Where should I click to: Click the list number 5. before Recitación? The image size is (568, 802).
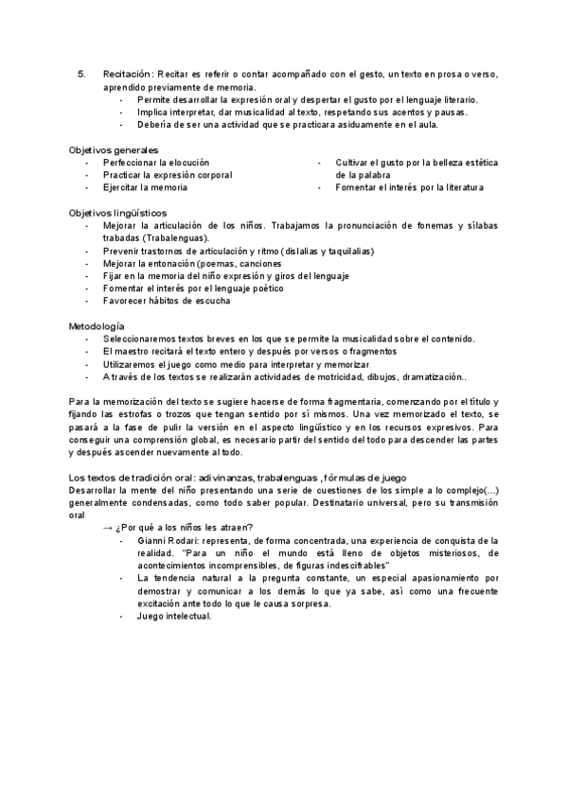tap(81, 73)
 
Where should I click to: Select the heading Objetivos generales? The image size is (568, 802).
tap(113, 150)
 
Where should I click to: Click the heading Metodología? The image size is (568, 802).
tap(96, 326)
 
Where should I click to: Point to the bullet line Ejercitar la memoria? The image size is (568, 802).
tap(145, 187)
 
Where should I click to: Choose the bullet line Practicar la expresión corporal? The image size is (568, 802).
tap(168, 175)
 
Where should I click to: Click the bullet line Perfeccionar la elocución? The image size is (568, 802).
tap(156, 163)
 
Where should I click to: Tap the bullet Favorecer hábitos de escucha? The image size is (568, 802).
tap(167, 301)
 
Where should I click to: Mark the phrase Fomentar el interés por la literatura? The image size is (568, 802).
tap(409, 187)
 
